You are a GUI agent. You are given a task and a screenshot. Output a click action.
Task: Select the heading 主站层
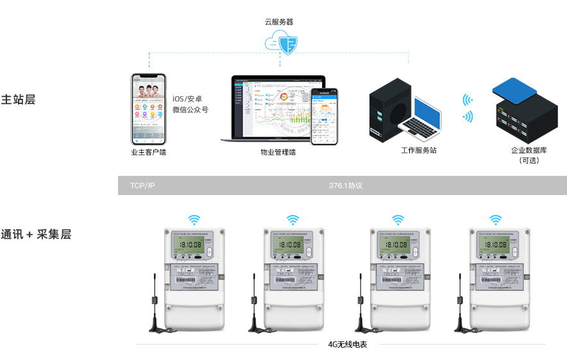coord(18,99)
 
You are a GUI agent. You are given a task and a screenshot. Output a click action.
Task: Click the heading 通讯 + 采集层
coord(36,234)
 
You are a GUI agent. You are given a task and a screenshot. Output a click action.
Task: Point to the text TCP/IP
coord(142,185)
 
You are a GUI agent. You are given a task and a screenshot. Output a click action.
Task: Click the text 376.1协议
coord(346,185)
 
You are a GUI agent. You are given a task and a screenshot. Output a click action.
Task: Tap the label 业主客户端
coord(148,153)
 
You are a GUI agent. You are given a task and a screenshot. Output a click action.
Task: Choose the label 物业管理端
coord(278,153)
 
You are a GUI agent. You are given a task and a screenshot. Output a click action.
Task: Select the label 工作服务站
coord(419,150)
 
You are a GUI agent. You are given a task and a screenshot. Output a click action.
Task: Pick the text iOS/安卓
coord(187,98)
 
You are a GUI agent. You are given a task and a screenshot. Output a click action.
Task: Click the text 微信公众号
coord(190,110)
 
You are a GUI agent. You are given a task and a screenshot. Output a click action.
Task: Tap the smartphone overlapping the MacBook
coord(325,116)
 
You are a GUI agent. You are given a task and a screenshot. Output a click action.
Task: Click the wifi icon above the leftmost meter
coord(194,219)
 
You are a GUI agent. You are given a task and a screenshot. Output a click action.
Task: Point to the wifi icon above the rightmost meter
coord(495,219)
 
